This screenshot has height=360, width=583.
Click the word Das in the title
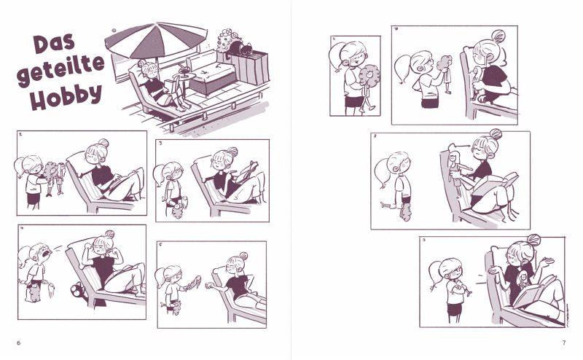(54, 43)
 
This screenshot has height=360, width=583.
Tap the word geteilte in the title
(60, 69)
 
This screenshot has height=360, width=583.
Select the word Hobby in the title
(66, 96)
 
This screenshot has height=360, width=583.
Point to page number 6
(19, 343)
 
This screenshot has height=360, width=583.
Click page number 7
(564, 343)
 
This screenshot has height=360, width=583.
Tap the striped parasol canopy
(156, 39)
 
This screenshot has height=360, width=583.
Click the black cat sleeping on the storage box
(240, 49)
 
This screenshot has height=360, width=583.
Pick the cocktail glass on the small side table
(183, 71)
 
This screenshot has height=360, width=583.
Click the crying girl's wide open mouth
(46, 254)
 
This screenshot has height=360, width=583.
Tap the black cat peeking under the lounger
(78, 289)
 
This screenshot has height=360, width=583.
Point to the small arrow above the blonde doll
(463, 146)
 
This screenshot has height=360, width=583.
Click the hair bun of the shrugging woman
(533, 240)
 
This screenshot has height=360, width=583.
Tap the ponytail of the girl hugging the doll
(337, 56)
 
